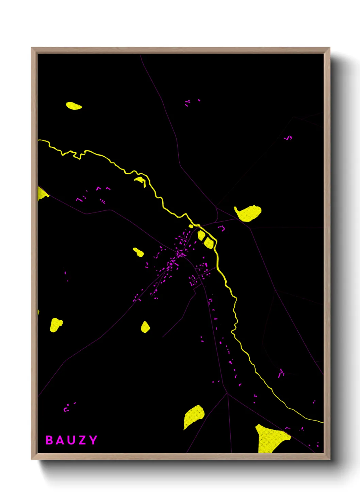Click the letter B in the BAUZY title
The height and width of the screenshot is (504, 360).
49,440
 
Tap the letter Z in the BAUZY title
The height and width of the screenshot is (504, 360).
82,440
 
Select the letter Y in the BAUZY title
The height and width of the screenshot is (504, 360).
93,440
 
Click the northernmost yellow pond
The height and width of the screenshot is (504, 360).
73,106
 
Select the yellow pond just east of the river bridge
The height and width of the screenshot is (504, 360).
248,213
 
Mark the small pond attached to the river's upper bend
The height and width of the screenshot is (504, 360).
140,180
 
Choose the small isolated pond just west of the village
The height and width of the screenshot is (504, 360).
138,252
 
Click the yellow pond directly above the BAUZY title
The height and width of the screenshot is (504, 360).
56,324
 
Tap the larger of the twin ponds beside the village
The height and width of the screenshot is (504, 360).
208,242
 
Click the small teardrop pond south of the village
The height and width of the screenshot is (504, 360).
145,327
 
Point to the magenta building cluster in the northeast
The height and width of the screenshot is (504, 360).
289,138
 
